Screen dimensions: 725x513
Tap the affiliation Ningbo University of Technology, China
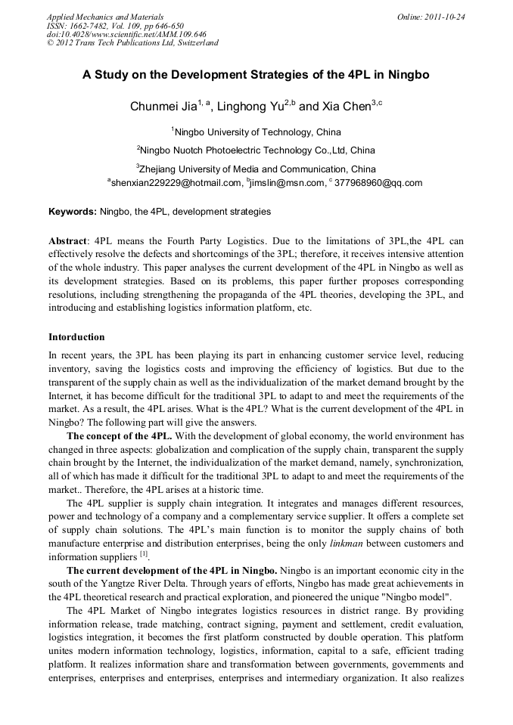tap(257, 132)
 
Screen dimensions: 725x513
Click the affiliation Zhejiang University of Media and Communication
tap(257, 169)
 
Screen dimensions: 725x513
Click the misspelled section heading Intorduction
tap(76, 336)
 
